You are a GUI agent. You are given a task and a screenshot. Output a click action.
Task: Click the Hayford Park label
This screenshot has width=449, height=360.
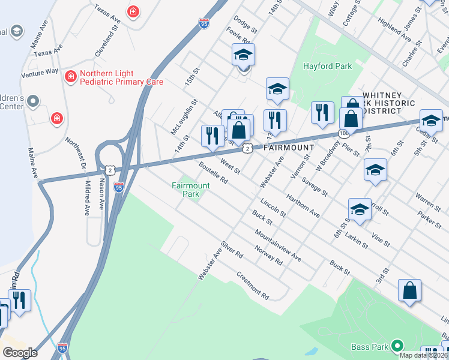click(x=327, y=66)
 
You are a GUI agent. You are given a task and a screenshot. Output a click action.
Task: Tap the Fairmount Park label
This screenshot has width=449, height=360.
click(x=190, y=190)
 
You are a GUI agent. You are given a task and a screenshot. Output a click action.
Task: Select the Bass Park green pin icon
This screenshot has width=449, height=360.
click(x=396, y=346)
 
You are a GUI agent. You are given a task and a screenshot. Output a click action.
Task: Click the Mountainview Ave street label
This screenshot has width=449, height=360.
click(x=277, y=244)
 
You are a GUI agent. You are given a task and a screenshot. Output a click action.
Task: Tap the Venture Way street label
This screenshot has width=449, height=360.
click(x=40, y=71)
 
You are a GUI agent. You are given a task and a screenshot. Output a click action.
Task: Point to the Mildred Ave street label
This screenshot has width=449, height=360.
click(x=87, y=199)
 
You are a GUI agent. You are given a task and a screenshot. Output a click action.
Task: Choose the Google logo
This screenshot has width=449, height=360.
click(x=20, y=352)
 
